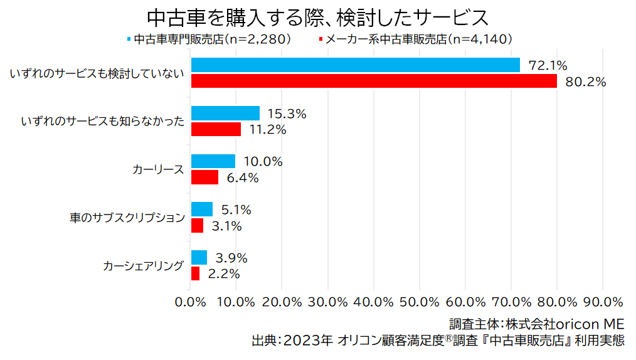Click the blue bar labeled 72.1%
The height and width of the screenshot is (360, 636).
pos(355,65)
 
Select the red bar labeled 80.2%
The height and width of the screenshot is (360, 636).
pos(374,82)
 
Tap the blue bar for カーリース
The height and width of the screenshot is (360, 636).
pos(213,161)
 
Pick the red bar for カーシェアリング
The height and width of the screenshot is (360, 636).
pos(195,273)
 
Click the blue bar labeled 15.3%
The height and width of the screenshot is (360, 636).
pos(225,114)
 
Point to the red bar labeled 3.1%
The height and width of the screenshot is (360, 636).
pos(197,226)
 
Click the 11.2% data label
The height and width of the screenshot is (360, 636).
pos(268,130)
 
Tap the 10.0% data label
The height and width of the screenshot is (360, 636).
pos(263,162)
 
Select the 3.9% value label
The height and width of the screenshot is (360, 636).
pos(231,258)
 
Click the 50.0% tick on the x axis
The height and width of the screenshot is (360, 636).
pos(420,302)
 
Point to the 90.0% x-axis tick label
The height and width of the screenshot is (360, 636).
pos(603,302)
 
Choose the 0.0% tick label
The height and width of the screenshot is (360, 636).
pos(191,302)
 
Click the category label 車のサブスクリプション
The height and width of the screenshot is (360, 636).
pos(127,218)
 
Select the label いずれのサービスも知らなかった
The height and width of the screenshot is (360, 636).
pos(102,122)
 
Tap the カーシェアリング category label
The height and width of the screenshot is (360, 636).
pos(144,266)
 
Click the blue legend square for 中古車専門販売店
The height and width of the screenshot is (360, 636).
pos(129,39)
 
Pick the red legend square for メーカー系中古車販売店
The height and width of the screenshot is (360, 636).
pos(321,39)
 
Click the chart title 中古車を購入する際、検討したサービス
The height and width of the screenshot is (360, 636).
pos(317,16)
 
